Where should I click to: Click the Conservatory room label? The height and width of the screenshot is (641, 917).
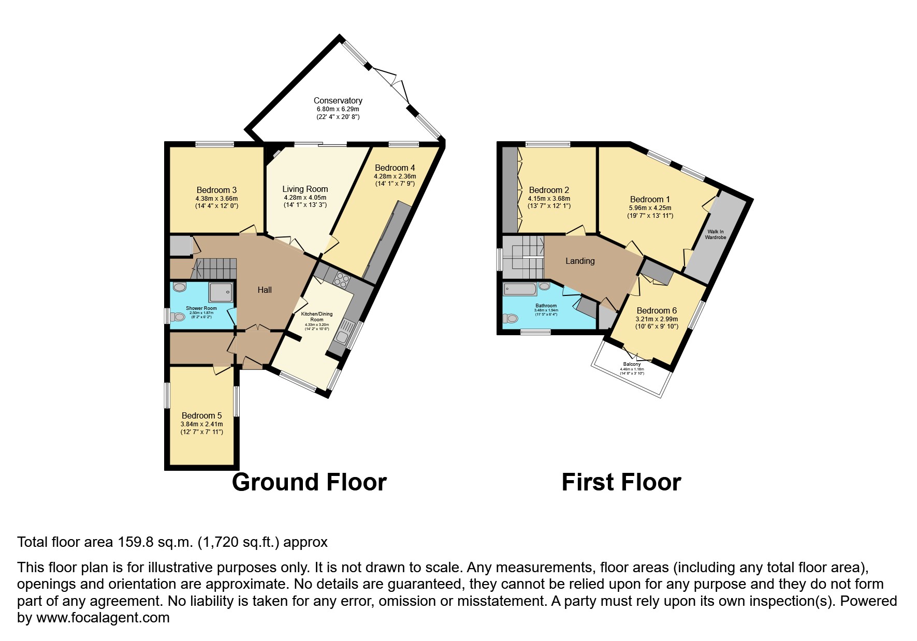click(338, 100)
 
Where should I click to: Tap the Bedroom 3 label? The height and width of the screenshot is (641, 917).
click(216, 190)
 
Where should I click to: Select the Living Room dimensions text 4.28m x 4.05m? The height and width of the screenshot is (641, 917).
click(305, 198)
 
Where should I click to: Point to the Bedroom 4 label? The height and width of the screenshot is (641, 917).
click(395, 168)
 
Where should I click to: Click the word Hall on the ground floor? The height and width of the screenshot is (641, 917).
click(265, 290)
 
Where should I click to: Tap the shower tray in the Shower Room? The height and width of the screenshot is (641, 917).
click(221, 292)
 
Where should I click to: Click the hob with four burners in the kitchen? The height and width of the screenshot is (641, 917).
click(341, 281)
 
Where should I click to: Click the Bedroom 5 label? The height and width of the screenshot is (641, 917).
click(201, 415)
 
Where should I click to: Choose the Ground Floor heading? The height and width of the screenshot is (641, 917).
click(309, 482)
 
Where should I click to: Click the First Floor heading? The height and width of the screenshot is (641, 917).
click(621, 482)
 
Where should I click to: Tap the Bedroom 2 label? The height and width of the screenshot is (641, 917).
click(549, 190)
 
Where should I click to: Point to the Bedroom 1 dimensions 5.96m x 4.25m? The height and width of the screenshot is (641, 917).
click(650, 208)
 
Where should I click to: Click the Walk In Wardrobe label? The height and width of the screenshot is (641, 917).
click(715, 234)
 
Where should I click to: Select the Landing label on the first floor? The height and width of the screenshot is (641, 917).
click(580, 261)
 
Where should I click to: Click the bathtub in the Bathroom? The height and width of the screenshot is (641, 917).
click(520, 288)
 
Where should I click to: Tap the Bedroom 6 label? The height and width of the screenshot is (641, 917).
click(657, 310)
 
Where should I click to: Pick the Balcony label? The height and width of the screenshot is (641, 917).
click(632, 364)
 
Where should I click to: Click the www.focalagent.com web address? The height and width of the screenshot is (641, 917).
click(103, 618)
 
